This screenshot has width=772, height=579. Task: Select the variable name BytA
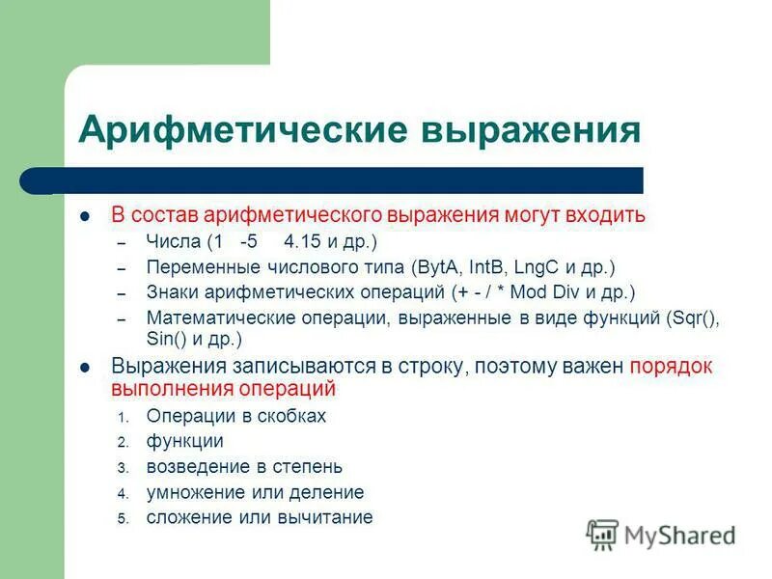438,266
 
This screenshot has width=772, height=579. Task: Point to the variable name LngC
535,266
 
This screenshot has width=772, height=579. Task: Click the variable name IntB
486,266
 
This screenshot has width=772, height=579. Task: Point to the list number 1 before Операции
123,418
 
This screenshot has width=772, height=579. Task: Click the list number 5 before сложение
123,518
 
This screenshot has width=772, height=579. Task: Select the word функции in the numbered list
185,441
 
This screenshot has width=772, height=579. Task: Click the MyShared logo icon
602,535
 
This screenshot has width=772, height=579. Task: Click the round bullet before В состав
85,215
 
